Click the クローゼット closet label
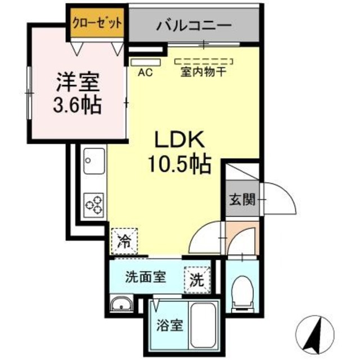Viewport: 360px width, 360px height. click(97, 23)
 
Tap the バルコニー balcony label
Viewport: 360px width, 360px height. click(194, 25)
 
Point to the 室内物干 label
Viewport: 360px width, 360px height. click(203, 72)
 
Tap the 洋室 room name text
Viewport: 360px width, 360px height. click(78, 83)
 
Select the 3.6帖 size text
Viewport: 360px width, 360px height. click(78, 105)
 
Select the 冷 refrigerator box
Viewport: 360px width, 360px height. click(124, 241)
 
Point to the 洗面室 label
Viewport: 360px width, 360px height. click(145, 277)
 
